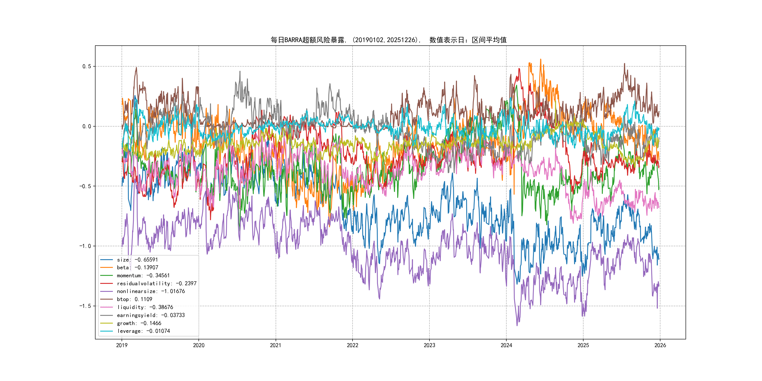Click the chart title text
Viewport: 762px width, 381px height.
[388, 40]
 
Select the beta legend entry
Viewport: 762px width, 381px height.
[137, 267]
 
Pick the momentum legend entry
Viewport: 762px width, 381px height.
[143, 275]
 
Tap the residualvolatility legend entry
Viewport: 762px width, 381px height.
[156, 283]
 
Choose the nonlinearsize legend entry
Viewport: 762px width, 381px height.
[151, 291]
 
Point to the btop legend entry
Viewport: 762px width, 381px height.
[134, 299]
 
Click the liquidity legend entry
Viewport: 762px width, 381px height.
[145, 307]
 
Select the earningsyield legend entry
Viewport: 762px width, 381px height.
[151, 315]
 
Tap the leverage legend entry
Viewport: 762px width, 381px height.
[143, 331]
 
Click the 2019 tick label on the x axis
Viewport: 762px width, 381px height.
[122, 345]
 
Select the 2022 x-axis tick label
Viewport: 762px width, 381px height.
[352, 345]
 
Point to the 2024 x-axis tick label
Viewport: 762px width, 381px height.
[506, 345]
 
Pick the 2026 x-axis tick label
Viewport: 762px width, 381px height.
[660, 345]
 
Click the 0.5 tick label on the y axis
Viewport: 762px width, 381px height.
[87, 66]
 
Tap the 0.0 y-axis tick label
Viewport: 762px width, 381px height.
[87, 126]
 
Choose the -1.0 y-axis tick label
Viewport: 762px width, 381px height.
[85, 246]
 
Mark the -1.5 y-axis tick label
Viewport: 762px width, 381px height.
[85, 306]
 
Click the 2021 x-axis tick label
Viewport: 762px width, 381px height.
[276, 345]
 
